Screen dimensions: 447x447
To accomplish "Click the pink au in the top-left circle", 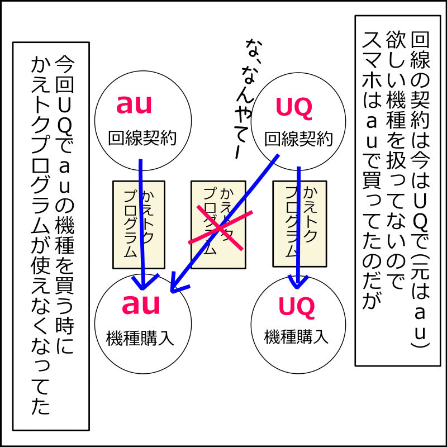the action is [x=134, y=105].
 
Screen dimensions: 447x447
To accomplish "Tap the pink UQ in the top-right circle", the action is [x=294, y=108].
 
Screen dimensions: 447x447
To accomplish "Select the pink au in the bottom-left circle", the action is [x=141, y=305].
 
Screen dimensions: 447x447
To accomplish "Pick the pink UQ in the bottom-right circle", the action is [x=297, y=306].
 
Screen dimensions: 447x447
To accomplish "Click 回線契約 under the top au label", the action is [x=142, y=137].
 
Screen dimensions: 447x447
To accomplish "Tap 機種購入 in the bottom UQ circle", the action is [x=296, y=336].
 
